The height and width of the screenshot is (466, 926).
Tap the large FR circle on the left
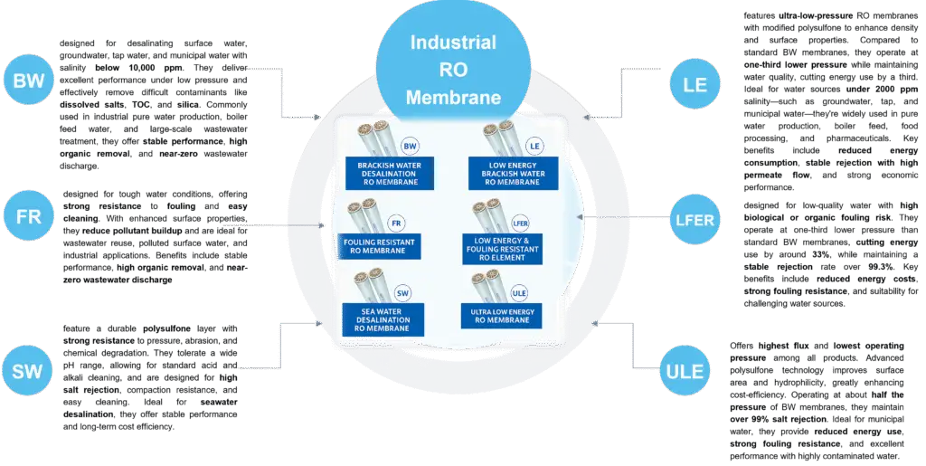[29, 218]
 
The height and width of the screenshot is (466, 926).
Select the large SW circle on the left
[29, 371]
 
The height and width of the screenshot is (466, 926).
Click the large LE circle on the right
[694, 87]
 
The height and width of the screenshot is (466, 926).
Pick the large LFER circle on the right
[694, 220]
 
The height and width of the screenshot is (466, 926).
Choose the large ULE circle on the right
[685, 371]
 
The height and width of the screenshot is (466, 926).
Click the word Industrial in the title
[453, 43]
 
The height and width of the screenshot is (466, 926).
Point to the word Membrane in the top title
[453, 98]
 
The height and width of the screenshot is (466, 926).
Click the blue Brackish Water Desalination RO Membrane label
[389, 173]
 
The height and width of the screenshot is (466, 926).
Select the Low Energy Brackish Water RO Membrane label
[514, 173]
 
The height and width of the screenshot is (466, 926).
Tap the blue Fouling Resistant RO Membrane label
[379, 246]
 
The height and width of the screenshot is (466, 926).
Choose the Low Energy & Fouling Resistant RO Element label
[502, 249]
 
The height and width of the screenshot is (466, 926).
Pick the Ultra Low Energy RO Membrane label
[502, 316]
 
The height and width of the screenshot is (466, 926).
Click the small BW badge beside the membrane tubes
[410, 146]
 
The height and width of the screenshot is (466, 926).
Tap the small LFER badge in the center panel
[519, 222]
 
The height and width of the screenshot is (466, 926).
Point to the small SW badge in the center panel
[404, 291]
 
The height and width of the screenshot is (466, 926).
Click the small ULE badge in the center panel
[519, 291]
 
